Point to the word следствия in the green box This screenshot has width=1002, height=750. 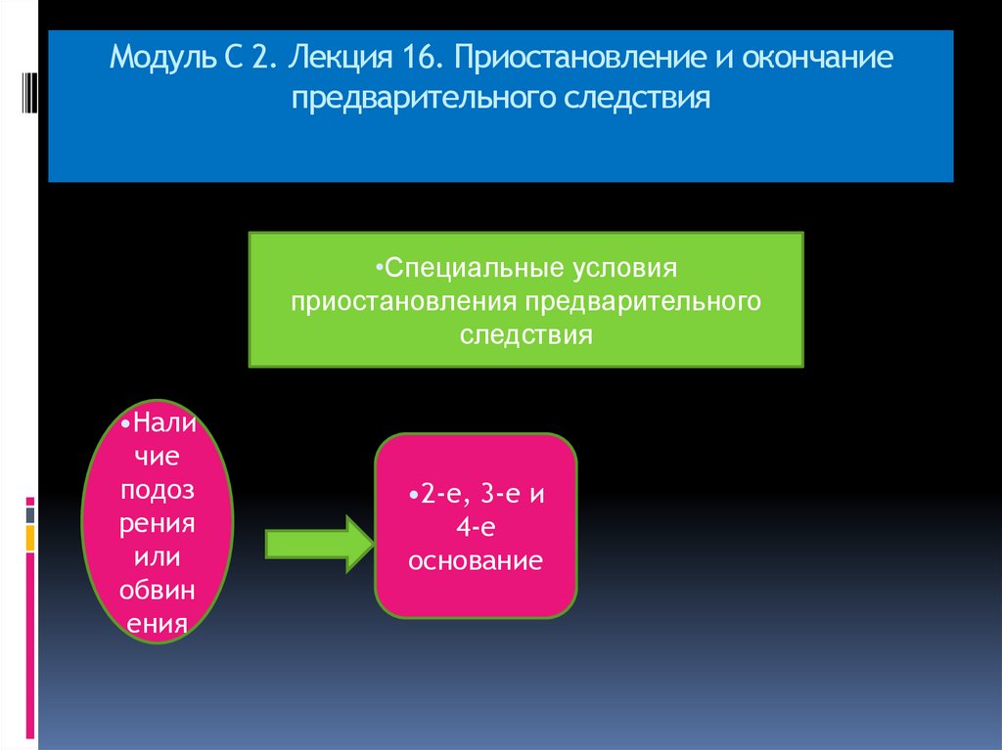526,335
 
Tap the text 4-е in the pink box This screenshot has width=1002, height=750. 478,528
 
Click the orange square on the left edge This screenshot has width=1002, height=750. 30,537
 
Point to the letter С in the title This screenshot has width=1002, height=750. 216,58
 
